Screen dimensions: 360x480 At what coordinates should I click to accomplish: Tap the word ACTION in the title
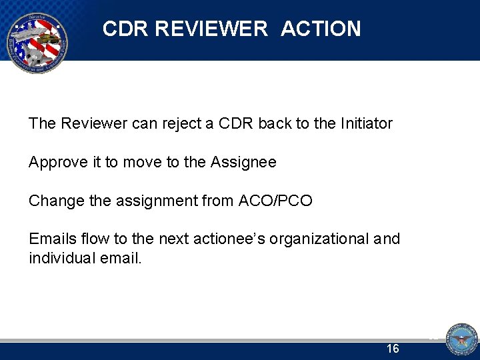point(321,29)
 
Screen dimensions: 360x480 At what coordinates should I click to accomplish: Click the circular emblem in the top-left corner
point(36,43)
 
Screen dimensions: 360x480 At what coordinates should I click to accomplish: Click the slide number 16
point(393,349)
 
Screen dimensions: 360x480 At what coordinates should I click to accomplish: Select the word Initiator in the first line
point(366,123)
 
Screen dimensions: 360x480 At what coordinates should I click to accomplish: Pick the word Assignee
point(243,162)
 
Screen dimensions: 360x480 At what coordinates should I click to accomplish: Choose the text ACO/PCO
point(275,201)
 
